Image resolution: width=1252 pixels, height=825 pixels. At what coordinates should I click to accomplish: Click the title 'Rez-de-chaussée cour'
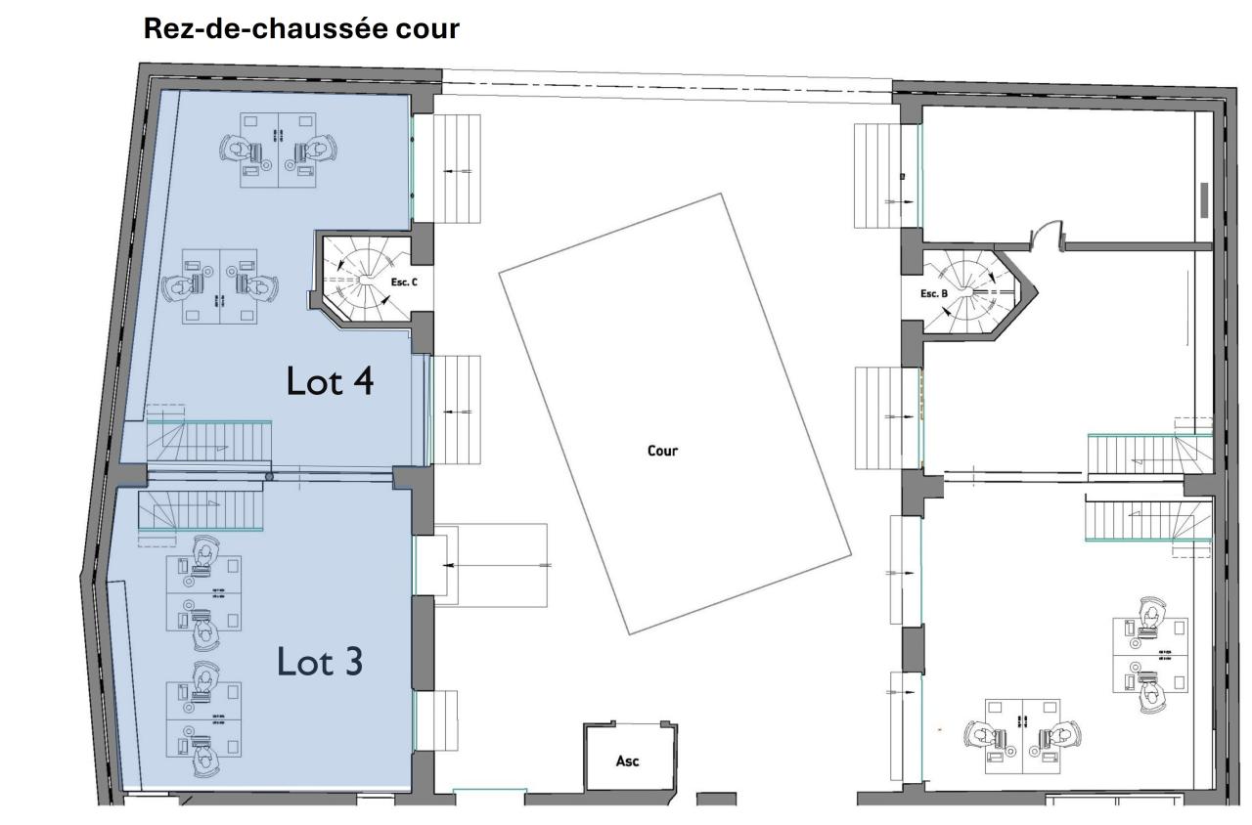(x=301, y=28)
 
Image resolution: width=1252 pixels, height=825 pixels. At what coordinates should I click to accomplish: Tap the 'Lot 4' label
(x=330, y=381)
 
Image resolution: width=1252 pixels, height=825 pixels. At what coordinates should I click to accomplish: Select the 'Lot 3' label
(x=320, y=662)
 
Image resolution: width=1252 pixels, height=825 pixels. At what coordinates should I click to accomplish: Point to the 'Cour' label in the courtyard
(x=662, y=451)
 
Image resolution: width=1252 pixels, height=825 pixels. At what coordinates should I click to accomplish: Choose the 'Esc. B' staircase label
(x=934, y=293)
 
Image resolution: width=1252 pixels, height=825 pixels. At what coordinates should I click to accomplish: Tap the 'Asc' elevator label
(x=627, y=760)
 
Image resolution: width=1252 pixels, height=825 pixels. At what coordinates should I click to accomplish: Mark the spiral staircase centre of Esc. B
(x=970, y=291)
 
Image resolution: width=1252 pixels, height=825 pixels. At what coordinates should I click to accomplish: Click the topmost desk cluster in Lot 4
(x=280, y=150)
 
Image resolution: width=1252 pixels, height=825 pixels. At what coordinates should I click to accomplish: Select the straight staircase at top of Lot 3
(x=201, y=510)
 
